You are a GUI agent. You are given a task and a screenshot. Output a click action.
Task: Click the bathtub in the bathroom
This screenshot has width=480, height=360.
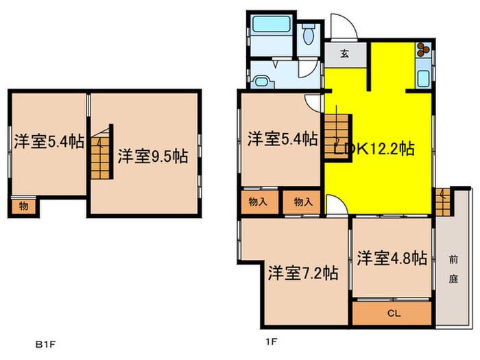[x=270, y=26]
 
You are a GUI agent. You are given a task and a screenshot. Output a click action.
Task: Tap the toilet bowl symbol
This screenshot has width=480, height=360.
[x=308, y=32]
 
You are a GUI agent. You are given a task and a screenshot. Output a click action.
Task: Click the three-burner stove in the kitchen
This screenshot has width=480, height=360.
[x=422, y=51]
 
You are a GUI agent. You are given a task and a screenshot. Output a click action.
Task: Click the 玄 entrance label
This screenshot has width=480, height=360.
[x=346, y=55]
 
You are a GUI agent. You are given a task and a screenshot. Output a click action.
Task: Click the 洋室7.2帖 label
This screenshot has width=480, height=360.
[x=302, y=272]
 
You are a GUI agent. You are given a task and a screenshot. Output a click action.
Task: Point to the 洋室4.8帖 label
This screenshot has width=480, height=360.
[x=392, y=258]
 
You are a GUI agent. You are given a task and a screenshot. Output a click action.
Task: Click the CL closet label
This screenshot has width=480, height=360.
[x=392, y=313]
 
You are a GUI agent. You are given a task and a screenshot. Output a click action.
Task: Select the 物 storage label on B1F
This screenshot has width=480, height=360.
[x=24, y=204]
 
